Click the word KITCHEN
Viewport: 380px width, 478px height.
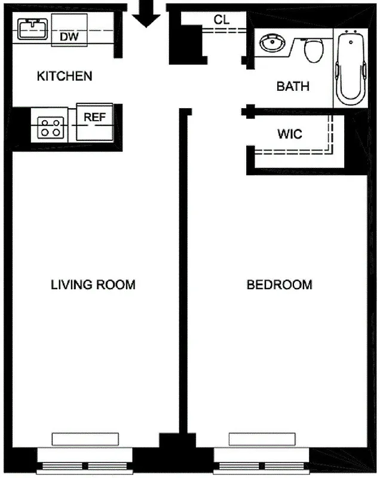click(65, 76)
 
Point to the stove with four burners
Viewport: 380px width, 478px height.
click(50, 127)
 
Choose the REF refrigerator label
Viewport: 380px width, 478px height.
click(94, 117)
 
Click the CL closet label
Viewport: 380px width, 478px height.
click(222, 19)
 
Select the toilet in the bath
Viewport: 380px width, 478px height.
click(313, 50)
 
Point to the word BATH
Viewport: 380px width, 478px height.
click(293, 87)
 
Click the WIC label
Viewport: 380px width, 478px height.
click(289, 134)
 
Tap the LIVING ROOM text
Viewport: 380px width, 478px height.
click(93, 284)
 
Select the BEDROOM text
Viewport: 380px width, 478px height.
click(279, 284)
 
